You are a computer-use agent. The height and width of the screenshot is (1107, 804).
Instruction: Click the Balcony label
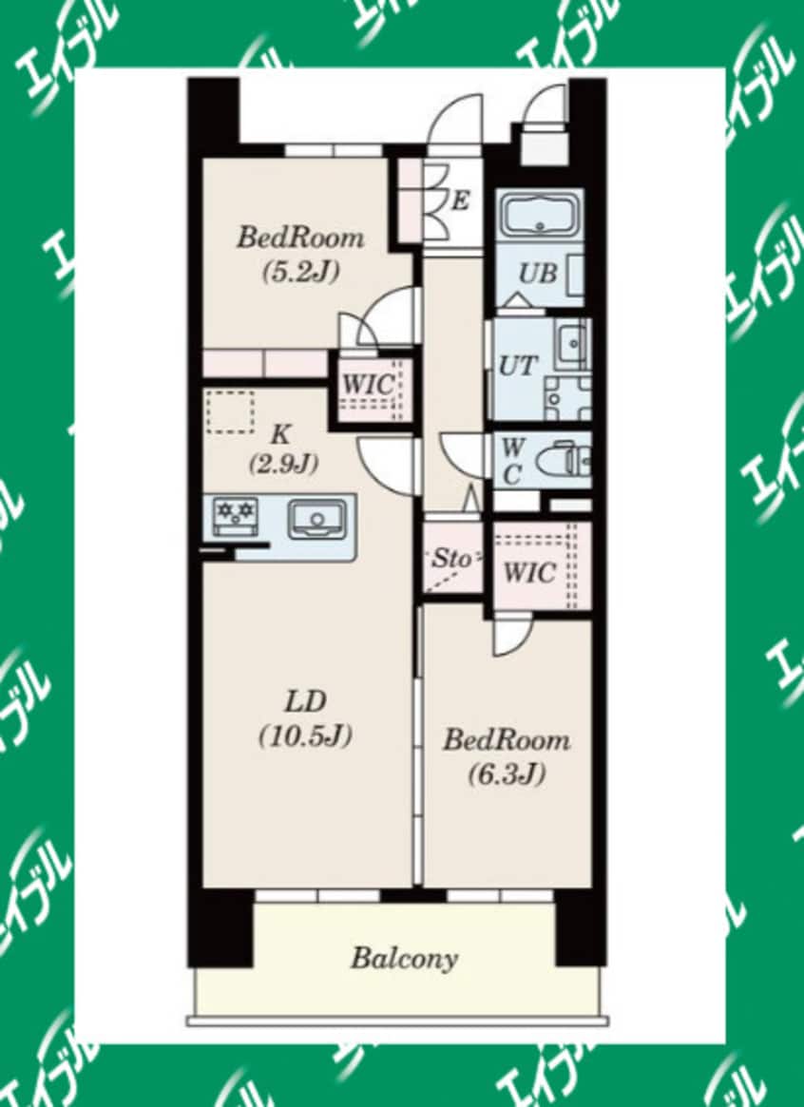404,958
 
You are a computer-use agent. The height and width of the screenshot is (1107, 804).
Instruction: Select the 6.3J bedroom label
506,756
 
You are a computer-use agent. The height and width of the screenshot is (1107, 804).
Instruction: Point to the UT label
519,366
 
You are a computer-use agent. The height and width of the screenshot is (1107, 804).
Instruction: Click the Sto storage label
451,559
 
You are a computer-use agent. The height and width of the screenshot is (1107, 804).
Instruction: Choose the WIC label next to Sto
529,573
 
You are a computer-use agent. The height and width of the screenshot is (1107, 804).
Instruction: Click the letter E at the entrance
461,201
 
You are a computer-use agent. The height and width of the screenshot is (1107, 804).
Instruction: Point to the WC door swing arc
466,454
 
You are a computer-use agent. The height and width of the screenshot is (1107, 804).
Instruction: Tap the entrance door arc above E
453,121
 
